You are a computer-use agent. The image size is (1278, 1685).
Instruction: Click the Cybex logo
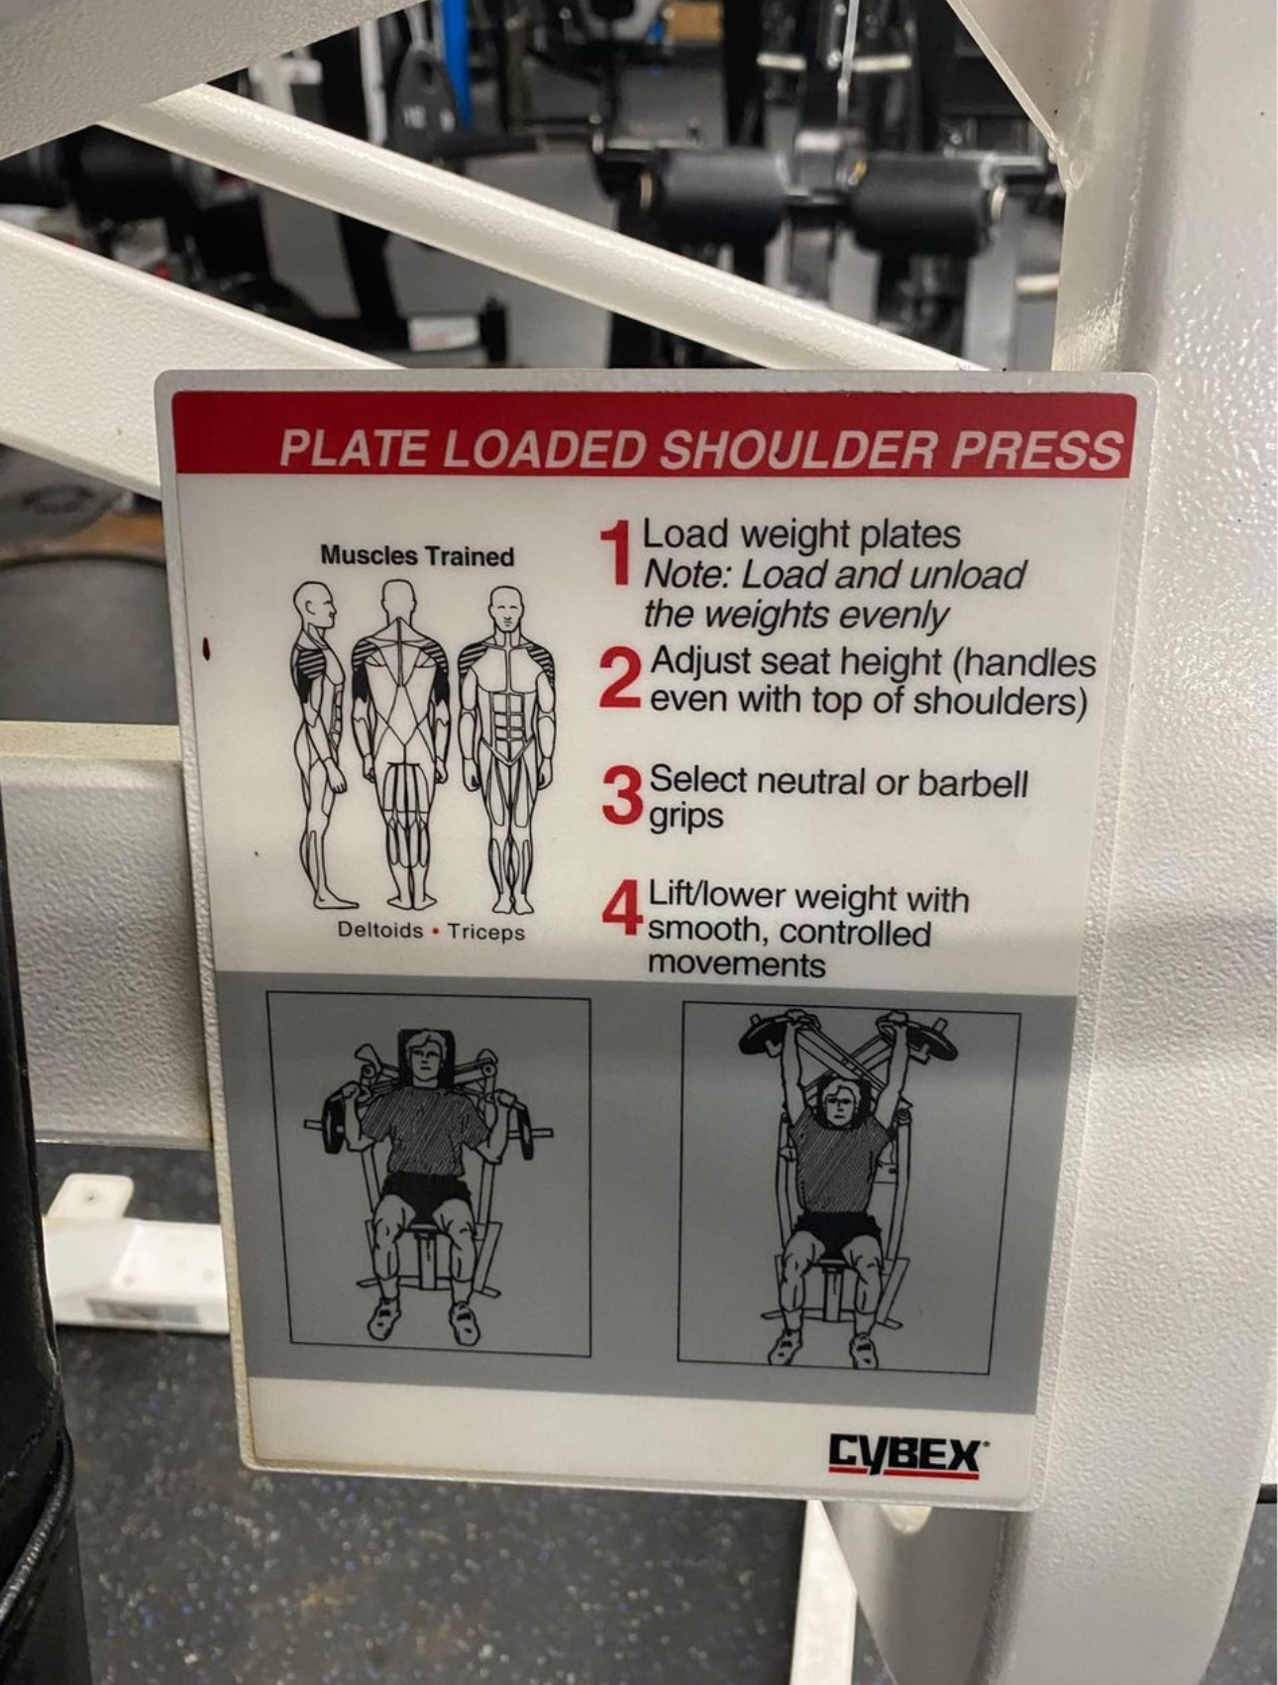pos(905,1457)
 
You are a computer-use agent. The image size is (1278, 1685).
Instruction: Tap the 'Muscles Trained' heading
pos(417,556)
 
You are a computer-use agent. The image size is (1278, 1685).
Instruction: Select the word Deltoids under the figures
pos(380,931)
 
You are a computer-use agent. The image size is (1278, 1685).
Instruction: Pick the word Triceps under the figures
pos(485,932)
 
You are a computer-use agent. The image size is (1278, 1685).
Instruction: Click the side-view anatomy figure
pos(323,743)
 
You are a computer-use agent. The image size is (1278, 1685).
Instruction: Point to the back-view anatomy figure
pos(401,743)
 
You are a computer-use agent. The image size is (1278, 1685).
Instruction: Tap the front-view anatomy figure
pos(507,749)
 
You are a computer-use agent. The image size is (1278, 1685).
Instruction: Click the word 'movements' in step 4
pos(736,964)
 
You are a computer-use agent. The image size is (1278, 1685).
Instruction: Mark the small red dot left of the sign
pos(207,648)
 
